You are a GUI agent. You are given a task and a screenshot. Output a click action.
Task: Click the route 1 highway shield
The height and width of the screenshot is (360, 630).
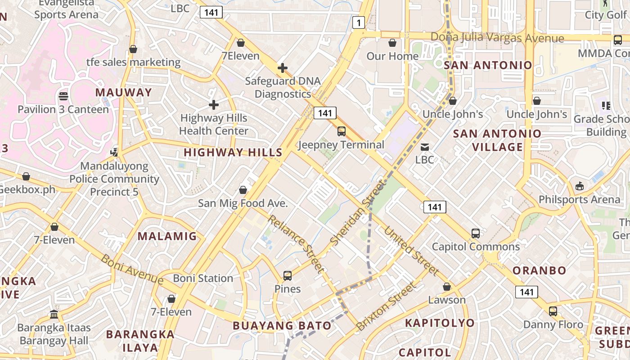tap(358, 22)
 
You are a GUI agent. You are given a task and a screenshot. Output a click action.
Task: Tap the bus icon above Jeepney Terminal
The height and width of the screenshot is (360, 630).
tap(342, 131)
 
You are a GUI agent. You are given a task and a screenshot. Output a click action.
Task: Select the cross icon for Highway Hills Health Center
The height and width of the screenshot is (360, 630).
tap(214, 105)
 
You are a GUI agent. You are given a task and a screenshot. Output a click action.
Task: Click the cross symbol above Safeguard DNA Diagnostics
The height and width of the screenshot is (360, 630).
tap(283, 68)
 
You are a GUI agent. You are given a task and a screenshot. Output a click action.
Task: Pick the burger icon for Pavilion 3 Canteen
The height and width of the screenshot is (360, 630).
tap(63, 96)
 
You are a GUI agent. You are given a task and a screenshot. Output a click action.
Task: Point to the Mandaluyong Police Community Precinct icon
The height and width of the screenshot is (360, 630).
tap(114, 152)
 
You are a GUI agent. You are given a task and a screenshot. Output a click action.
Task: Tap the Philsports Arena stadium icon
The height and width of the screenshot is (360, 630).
tap(580, 186)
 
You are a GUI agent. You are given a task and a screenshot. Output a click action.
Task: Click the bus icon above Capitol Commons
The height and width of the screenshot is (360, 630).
tap(476, 234)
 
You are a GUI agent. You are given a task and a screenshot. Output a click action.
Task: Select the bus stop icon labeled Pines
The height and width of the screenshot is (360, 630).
tap(288, 276)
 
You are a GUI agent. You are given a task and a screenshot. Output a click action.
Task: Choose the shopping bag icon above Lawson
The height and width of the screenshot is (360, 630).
tap(447, 287)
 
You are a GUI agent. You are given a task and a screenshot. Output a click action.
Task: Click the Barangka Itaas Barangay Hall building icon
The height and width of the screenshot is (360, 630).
tap(54, 314)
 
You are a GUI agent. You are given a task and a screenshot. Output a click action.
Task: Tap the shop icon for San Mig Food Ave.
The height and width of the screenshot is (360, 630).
tap(243, 190)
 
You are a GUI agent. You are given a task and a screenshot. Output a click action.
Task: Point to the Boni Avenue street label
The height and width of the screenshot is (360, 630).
tap(131, 269)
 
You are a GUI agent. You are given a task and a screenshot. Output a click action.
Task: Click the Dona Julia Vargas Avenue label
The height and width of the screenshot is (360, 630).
tap(497, 38)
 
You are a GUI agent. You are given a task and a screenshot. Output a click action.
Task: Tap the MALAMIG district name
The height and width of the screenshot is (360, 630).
tap(167, 236)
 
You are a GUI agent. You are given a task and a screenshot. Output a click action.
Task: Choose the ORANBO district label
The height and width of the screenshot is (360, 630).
tap(539, 270)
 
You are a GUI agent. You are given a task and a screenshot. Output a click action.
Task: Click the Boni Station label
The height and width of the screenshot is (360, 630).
tap(203, 278)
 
